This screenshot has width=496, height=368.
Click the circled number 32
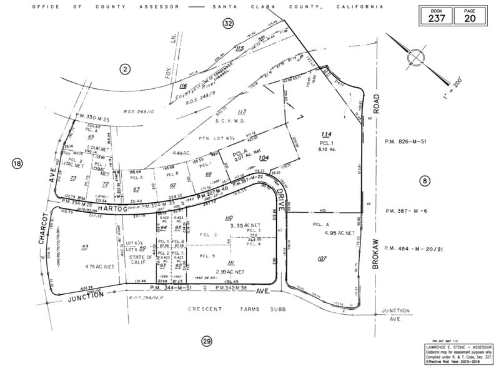click(x=228, y=23)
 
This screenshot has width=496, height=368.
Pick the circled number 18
click(x=17, y=164)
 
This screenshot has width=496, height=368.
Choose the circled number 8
click(x=425, y=180)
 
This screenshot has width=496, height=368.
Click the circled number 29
click(x=206, y=340)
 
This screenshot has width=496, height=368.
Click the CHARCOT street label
click(x=44, y=231)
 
